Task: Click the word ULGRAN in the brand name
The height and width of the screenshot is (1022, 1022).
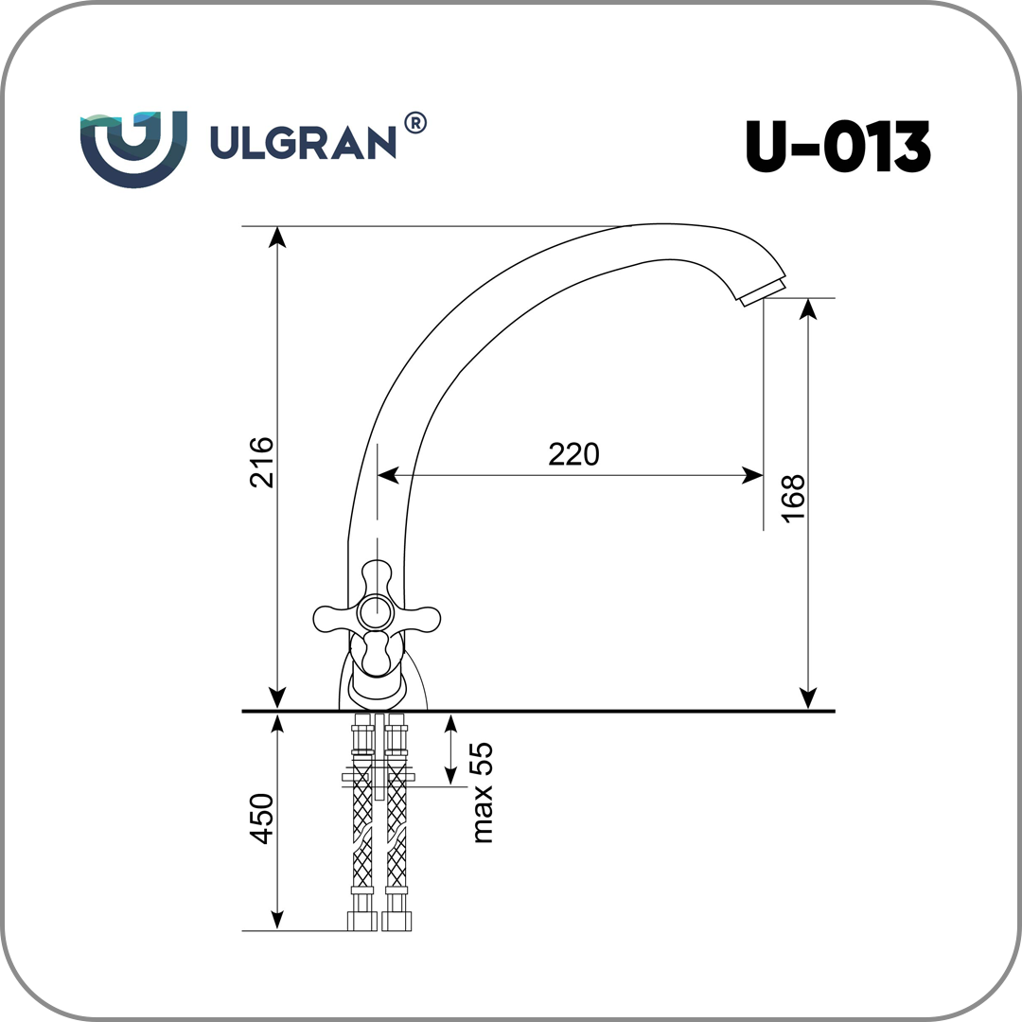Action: pos(303,142)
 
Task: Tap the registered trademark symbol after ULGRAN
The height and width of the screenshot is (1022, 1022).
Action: pos(415,122)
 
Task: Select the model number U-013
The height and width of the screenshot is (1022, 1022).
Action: pos(838,147)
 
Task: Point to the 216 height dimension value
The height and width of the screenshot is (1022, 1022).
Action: pos(262,462)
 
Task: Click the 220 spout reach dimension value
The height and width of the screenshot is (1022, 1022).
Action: pos(573,454)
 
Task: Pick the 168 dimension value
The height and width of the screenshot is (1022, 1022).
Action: pos(793,499)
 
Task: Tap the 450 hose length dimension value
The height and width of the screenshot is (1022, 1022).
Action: pos(262,819)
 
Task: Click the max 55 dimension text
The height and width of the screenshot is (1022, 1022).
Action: pos(483,793)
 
